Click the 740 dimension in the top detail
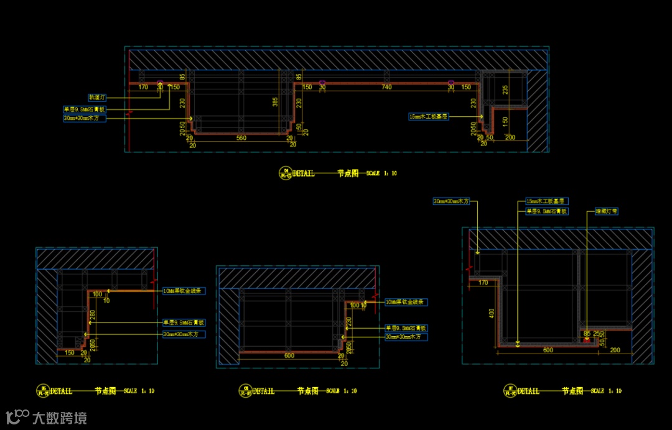click(386, 88)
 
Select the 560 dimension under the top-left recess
click(241, 139)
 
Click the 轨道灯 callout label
click(98, 98)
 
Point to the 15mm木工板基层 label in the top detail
click(429, 116)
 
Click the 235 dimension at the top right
click(505, 89)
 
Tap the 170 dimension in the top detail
click(143, 88)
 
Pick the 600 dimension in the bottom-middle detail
click(289, 356)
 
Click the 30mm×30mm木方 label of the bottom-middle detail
click(406, 337)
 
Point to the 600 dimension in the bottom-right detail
click(548, 350)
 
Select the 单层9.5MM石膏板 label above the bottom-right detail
click(547, 211)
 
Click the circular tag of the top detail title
click(286, 173)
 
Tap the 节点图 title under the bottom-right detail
click(572, 391)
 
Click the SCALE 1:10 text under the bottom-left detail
click(139, 391)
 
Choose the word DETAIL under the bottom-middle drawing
click(264, 391)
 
